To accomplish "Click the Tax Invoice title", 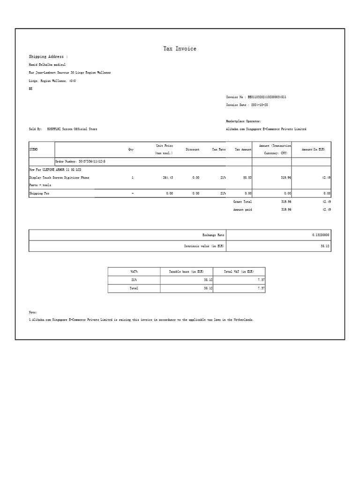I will pos(180,49).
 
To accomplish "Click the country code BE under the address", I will pos(31,89).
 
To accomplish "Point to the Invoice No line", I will pos(256,97).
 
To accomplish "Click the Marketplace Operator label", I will pos(243,121).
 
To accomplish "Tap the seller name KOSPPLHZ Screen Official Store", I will pos(72,129).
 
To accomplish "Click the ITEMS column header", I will pos(33,150).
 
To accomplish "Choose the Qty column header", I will pos(131,150).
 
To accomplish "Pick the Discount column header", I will pos(192,150).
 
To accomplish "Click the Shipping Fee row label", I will pos(39,193).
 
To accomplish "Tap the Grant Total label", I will pos(242,202).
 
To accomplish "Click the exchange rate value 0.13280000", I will pos(321,234).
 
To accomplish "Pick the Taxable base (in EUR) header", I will pos(186,271).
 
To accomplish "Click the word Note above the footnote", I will pos(33,312).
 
